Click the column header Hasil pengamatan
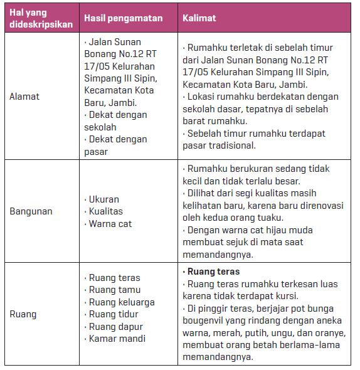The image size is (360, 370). tap(123, 18)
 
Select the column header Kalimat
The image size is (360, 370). tap(199, 18)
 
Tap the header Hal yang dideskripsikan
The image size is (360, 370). tap(38, 18)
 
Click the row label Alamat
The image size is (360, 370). tap(24, 96)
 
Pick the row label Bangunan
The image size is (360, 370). tap(29, 211)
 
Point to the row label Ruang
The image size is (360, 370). tap(23, 314)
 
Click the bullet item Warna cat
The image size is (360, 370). tap(110, 224)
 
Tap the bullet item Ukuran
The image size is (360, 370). tap(104, 199)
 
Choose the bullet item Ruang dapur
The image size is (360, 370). tap(115, 327)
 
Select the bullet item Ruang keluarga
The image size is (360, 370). tap(121, 302)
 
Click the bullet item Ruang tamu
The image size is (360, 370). tap(114, 290)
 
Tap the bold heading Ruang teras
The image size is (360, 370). tap(213, 272)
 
